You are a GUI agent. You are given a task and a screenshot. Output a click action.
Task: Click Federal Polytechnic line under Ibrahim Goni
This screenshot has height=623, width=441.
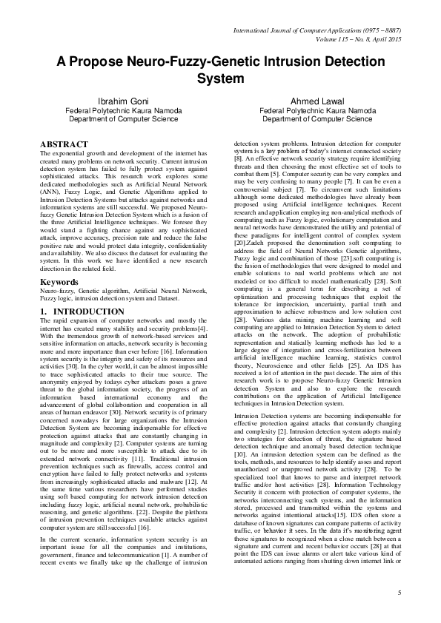click(x=123, y=110)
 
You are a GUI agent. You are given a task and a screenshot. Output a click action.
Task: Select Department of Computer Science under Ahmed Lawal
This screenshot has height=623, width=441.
click(x=317, y=118)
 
